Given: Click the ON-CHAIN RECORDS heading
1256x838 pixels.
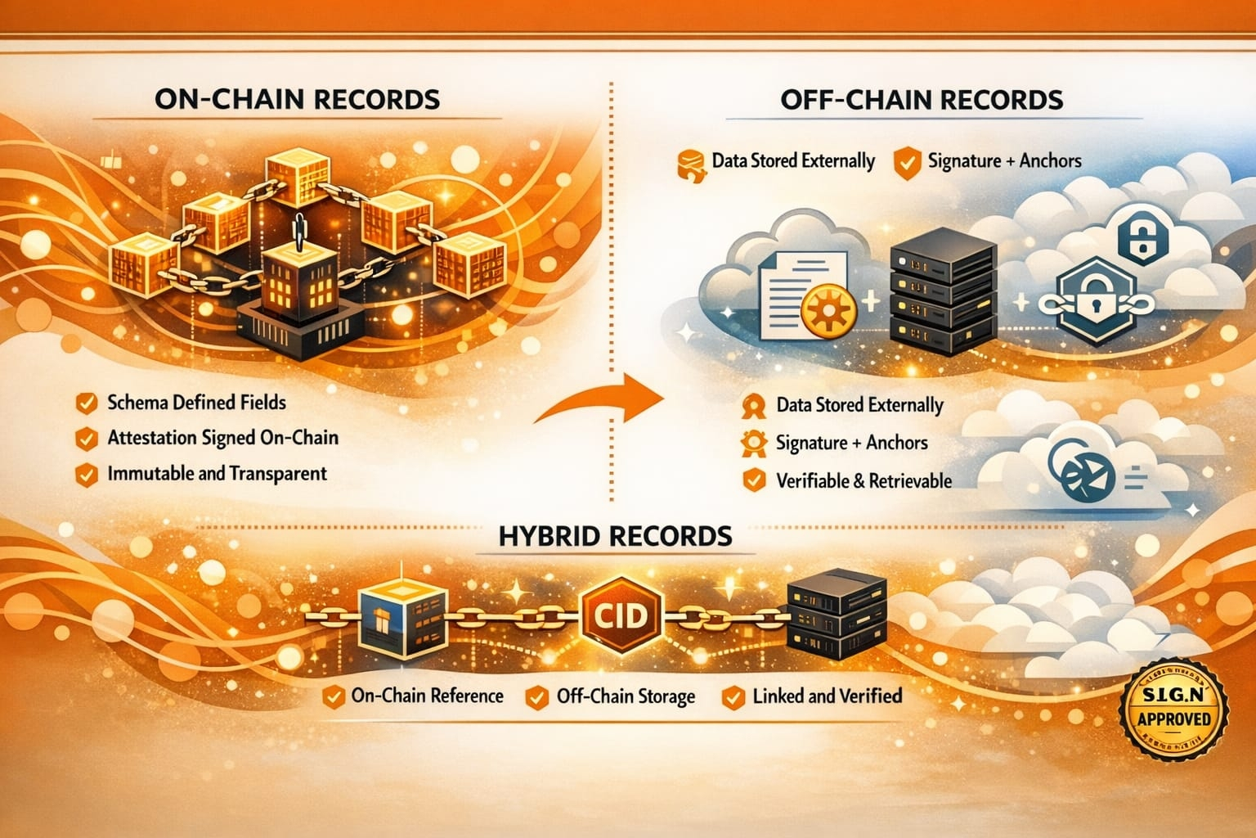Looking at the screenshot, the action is (x=297, y=99).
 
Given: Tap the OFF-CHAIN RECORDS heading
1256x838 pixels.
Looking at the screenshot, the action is (x=922, y=100).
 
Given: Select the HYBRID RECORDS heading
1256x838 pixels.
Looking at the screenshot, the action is (x=615, y=536).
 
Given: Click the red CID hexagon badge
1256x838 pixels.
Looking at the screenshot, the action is (x=621, y=615).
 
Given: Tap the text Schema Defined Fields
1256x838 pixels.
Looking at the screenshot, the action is (x=196, y=403).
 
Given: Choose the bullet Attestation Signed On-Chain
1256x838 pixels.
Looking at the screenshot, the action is (x=222, y=438).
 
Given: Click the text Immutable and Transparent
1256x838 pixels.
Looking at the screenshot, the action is (x=217, y=474).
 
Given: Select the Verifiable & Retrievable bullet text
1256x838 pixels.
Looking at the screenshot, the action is (x=863, y=481).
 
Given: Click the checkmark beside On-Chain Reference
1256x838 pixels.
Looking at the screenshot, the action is (x=333, y=697).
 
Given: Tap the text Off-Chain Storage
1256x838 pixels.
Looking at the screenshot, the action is (x=626, y=696).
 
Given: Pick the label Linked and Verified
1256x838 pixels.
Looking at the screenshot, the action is (x=827, y=696).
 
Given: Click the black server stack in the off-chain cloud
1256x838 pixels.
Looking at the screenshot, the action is (x=942, y=290).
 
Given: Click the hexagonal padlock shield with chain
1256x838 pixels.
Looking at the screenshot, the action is (x=1096, y=302).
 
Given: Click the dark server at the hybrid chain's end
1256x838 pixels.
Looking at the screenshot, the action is (x=836, y=613).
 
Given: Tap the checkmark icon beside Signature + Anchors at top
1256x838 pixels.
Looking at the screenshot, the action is (x=906, y=162).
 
